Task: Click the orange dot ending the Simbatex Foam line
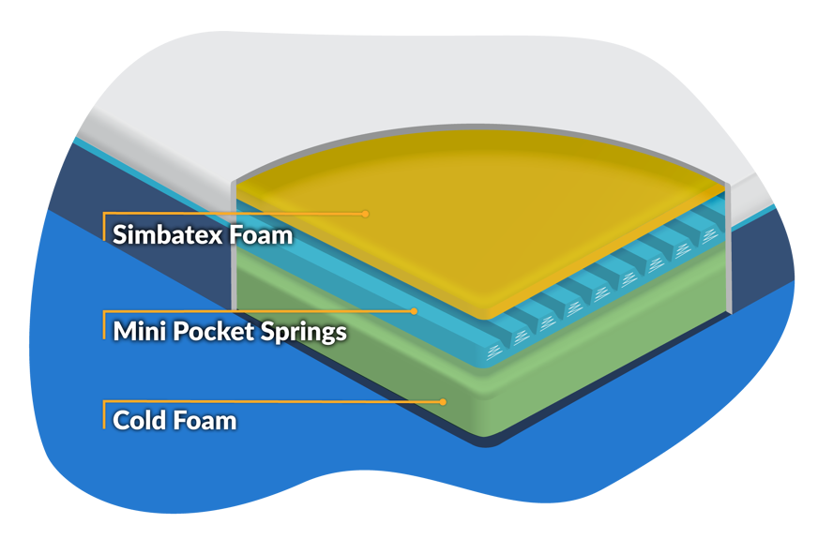pos(365,214)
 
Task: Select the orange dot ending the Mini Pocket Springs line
pos(414,310)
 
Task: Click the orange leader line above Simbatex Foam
pos(235,214)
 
